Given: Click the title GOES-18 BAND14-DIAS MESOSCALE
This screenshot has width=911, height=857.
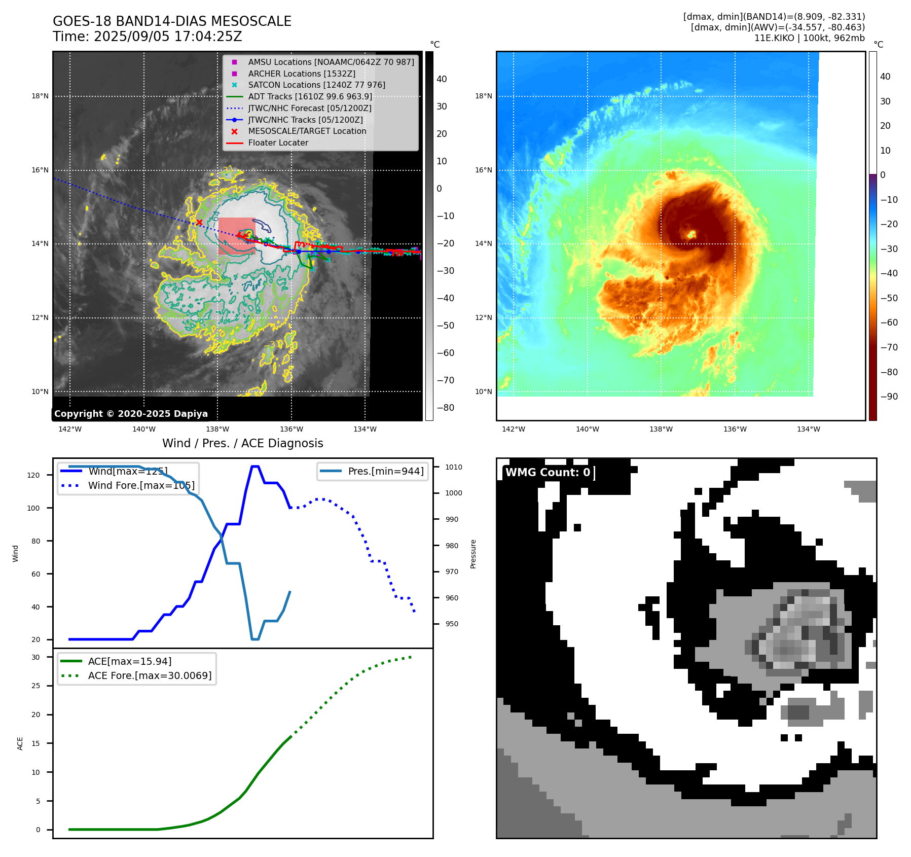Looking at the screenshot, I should [x=172, y=21].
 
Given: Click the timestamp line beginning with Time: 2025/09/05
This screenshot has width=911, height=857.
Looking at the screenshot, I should [x=147, y=37].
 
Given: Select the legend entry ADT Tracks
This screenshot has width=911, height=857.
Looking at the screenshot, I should [x=310, y=96].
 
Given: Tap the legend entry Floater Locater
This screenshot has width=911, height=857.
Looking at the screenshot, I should [x=278, y=142].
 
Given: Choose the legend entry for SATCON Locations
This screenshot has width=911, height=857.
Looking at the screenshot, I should [x=316, y=85].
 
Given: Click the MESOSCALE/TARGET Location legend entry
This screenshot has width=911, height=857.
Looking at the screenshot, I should [x=307, y=131].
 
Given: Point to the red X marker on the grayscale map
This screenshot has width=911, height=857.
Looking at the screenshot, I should [x=199, y=222].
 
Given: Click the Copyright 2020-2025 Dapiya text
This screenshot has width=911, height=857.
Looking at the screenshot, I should [x=131, y=414].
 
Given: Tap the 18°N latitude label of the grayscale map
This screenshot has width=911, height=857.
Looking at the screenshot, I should [x=40, y=96].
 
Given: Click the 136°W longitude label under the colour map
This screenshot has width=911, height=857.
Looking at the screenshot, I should [x=735, y=429].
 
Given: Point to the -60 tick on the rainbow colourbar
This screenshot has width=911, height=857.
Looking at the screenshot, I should [x=889, y=323].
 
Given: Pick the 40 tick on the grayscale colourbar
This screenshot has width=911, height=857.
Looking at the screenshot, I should [x=442, y=79].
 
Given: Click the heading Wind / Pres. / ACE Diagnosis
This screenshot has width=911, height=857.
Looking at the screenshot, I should [x=242, y=443].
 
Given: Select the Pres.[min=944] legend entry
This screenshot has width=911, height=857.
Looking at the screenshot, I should [x=385, y=471].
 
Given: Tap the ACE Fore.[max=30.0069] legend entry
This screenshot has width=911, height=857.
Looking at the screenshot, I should [x=150, y=675].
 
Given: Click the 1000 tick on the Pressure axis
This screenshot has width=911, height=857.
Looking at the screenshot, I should [x=453, y=493].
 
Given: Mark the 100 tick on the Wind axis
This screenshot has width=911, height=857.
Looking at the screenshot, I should [x=33, y=508].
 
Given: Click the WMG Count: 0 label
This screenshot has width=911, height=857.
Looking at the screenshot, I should [x=548, y=473].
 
